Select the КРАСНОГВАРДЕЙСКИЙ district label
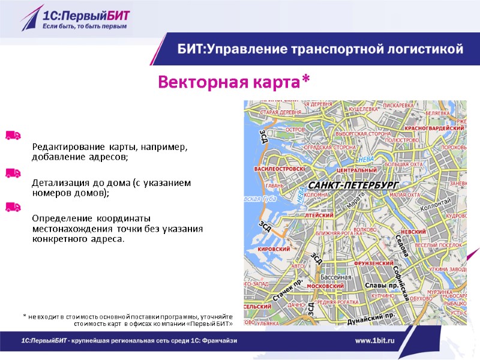pyautogui.click(x=435, y=128)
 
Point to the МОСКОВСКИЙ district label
pyautogui.click(x=325, y=286)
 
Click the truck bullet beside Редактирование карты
pyautogui.click(x=13, y=135)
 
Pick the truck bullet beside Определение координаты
pyautogui.click(x=13, y=207)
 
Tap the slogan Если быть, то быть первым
pyautogui.click(x=84, y=26)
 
